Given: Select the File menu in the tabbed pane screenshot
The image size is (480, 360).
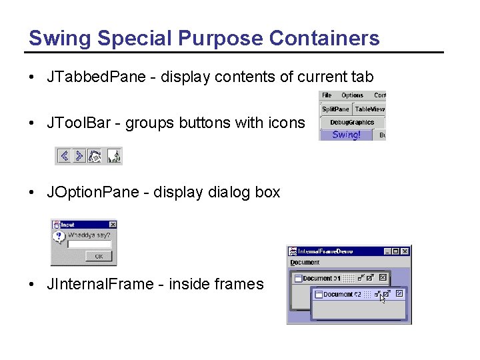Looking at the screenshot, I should [x=327, y=95].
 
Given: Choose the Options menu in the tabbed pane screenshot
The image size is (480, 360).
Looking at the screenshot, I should [x=352, y=95].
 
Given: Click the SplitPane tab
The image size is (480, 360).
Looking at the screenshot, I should [x=335, y=109].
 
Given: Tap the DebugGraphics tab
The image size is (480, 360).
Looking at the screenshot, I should [x=352, y=122].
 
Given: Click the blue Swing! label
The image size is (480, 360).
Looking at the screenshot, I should [x=346, y=135].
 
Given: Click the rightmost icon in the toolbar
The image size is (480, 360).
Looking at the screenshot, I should [x=114, y=156].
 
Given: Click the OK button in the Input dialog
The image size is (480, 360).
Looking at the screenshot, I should [x=99, y=256].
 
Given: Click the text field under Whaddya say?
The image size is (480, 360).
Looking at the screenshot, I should [x=89, y=244].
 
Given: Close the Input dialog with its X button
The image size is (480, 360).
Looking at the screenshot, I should [x=112, y=225].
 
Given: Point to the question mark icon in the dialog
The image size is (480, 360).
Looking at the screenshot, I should [x=59, y=237].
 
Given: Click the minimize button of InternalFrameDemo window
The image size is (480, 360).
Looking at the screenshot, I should [x=387, y=251].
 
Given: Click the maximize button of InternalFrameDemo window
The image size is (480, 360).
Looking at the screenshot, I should [x=396, y=251].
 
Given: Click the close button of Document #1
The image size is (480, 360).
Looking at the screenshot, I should [x=383, y=277].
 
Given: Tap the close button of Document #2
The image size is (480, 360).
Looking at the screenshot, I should [x=399, y=293].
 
